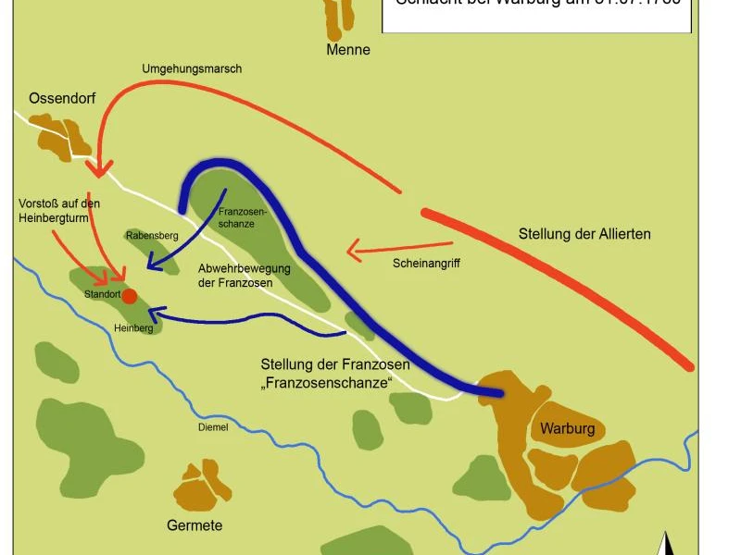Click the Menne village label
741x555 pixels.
point(348,50)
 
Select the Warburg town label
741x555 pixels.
point(566,429)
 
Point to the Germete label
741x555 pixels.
point(195,525)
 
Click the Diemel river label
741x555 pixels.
point(213,427)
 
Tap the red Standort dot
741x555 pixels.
point(130,296)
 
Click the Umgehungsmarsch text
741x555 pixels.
point(192,69)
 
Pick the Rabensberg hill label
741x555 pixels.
point(152,236)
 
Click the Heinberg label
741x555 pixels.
point(133,327)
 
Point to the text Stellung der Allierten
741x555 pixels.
point(584,234)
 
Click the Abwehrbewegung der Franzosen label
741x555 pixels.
point(245,276)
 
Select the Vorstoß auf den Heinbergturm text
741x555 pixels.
point(59,210)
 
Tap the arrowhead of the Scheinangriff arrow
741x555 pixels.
point(352,248)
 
